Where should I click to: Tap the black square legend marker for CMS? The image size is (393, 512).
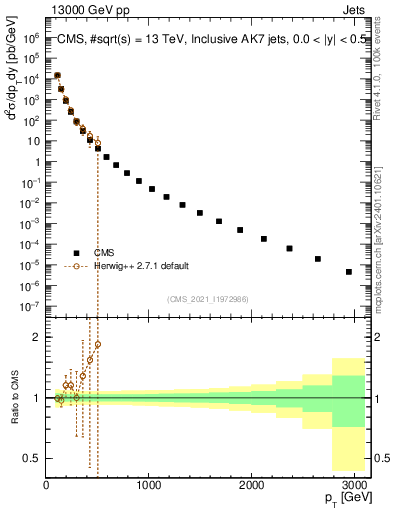[x=76, y=253]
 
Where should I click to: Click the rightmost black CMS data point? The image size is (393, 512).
[x=349, y=271]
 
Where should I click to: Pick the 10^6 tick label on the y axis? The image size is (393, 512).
[x=33, y=37]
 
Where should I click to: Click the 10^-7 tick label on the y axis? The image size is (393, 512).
[x=33, y=307]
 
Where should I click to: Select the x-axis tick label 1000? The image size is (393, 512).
[x=149, y=485]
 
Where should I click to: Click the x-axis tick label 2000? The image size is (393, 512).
[x=252, y=485]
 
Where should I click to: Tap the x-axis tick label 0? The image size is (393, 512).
[x=46, y=485]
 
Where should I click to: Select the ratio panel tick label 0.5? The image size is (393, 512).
[x=33, y=458]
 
